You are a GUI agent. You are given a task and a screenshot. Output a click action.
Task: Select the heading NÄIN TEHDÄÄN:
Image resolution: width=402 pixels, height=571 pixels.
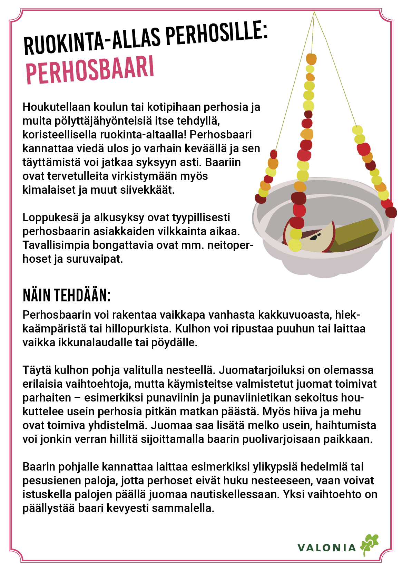tap(67, 296)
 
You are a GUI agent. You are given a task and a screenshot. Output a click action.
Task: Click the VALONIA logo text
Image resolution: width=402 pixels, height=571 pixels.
tap(326, 548)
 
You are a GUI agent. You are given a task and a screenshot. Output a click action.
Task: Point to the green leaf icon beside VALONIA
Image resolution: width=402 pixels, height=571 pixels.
tap(369, 544)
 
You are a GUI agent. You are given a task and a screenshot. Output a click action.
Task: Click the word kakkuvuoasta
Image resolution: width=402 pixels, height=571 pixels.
tap(294, 315)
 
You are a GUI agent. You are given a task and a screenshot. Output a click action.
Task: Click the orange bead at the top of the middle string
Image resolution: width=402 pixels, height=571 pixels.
tap(311, 59)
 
